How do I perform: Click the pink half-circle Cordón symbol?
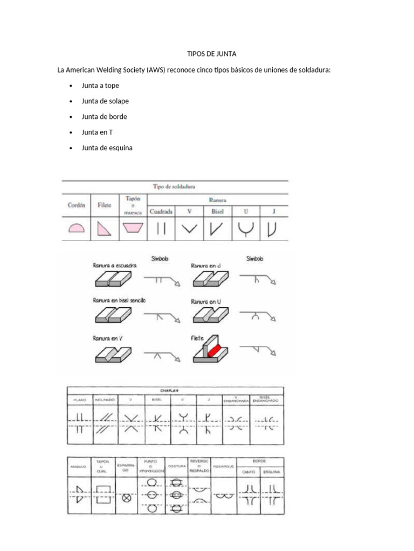[x=77, y=229]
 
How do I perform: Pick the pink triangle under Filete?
[x=104, y=229]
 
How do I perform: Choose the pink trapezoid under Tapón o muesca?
[x=132, y=229]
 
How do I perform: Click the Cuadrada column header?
[x=161, y=211]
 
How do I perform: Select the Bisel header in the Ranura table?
[x=217, y=211]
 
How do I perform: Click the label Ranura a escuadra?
[x=115, y=266]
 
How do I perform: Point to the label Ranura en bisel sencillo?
[x=119, y=300]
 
